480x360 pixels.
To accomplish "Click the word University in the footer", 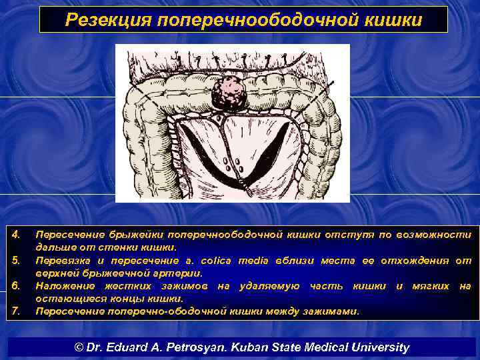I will (x=381, y=347).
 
